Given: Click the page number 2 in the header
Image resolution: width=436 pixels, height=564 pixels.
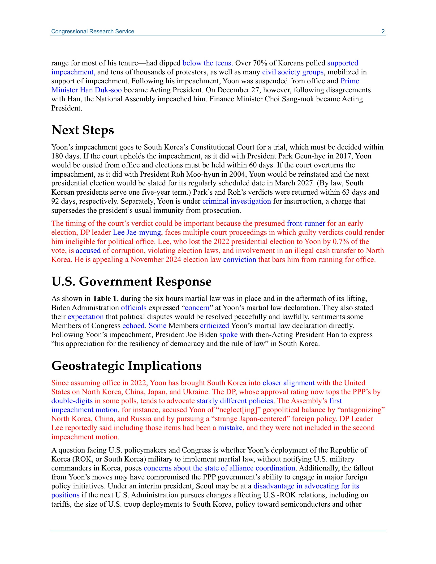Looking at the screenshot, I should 383,31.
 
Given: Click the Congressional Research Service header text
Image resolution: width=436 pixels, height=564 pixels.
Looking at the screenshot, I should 93,31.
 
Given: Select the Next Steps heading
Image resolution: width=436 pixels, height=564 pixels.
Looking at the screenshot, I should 82,130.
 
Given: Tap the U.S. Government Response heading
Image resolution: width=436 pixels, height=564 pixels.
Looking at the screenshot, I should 131,281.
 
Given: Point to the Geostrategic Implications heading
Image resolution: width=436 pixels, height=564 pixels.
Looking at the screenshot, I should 126,366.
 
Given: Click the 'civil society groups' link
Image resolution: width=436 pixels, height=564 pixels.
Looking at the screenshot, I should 293,72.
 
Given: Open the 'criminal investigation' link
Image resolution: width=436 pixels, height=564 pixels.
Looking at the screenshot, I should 237,201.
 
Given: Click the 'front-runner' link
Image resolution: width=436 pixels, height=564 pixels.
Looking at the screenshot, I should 306,223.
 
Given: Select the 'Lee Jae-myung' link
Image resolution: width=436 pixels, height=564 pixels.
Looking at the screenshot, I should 137,232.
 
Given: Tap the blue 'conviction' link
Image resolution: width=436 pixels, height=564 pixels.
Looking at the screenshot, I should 240,260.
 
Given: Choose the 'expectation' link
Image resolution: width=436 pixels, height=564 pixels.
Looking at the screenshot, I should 86,317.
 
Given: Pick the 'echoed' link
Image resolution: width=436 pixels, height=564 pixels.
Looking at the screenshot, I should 133,326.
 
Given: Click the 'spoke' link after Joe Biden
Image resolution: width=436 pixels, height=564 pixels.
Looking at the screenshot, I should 228,335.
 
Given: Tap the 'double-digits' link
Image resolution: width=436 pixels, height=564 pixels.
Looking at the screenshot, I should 72,401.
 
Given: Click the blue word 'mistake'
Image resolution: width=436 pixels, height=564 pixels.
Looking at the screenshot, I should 230,428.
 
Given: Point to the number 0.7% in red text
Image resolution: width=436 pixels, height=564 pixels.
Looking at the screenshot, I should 341,241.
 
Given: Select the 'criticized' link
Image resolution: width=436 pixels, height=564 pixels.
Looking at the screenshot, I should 215,326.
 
